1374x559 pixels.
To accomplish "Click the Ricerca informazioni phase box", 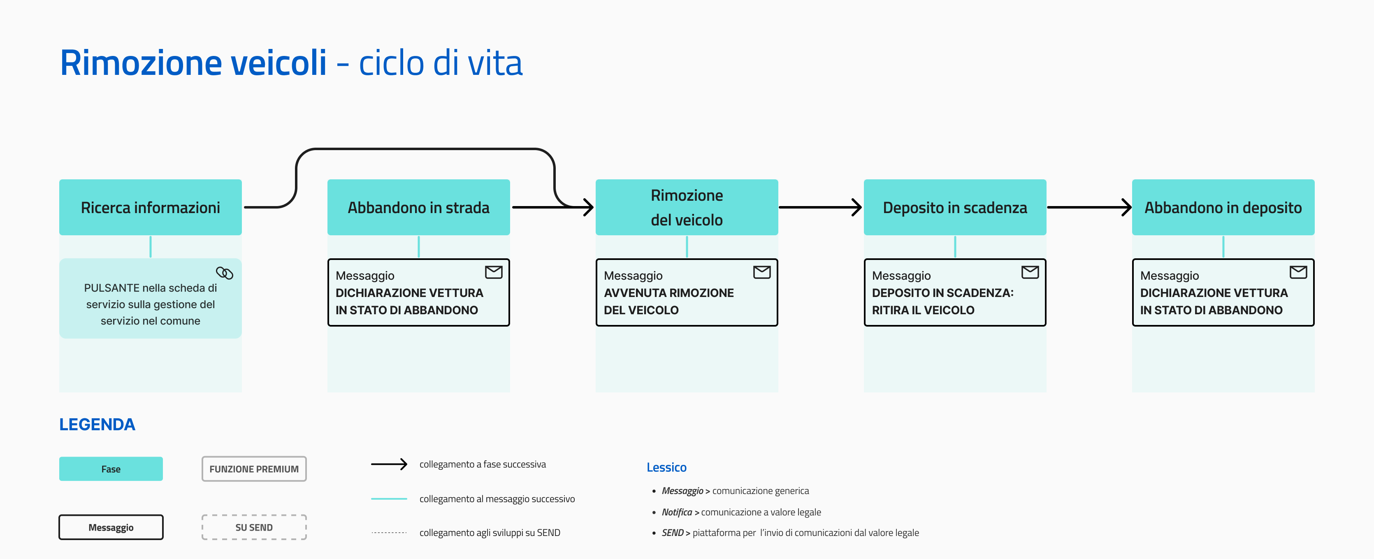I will pyautogui.click(x=151, y=207).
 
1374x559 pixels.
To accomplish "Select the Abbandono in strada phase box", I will pyautogui.click(x=418, y=207).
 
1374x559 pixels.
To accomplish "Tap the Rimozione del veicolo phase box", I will pyautogui.click(x=687, y=207).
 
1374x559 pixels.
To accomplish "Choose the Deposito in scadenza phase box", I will pyautogui.click(x=955, y=207).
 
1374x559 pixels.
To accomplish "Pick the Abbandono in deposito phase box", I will pyautogui.click(x=1223, y=207).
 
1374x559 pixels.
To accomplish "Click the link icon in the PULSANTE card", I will pyautogui.click(x=225, y=273).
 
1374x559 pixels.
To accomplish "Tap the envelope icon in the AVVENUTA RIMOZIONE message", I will pyautogui.click(x=762, y=272).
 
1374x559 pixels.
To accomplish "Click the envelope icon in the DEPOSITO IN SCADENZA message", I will pyautogui.click(x=1030, y=272).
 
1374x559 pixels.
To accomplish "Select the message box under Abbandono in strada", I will pyautogui.click(x=418, y=292).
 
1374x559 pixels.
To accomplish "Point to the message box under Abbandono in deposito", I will pyautogui.click(x=1223, y=292).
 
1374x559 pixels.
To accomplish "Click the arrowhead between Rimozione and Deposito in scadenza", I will pyautogui.click(x=856, y=207).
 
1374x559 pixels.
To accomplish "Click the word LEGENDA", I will pyautogui.click(x=97, y=424).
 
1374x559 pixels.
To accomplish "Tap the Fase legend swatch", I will pyautogui.click(x=111, y=469).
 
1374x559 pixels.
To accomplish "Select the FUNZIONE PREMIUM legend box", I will pyautogui.click(x=254, y=469).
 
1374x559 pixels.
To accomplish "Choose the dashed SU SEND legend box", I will pyautogui.click(x=254, y=527).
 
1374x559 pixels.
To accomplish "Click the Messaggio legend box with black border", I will pyautogui.click(x=111, y=527).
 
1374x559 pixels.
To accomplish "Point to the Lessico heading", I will pyautogui.click(x=666, y=467).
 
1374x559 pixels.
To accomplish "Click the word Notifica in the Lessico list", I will pyautogui.click(x=676, y=512).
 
